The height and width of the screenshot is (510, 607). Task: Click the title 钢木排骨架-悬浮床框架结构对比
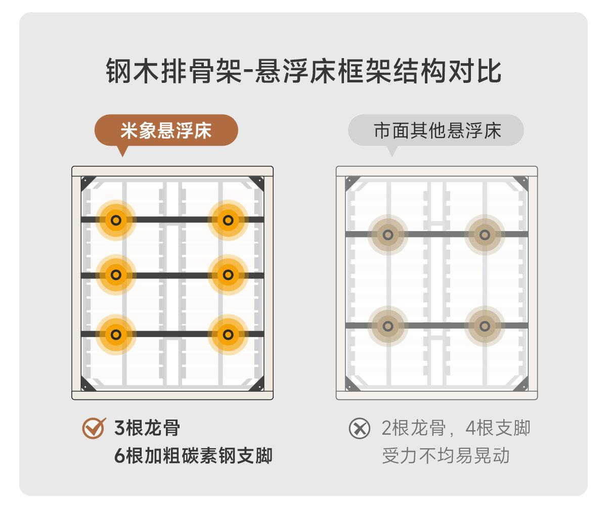coord(303,71)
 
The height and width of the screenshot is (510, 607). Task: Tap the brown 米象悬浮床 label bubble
coord(166,130)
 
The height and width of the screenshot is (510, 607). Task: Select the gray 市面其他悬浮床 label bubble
coord(436,130)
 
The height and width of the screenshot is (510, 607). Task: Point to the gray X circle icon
coord(359,428)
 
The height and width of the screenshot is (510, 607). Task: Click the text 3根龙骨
coord(147,428)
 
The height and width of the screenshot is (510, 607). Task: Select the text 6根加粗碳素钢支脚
coord(193,456)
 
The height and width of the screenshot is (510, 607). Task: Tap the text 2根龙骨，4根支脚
coord(456,428)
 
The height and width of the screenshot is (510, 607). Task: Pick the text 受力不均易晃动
coord(446,456)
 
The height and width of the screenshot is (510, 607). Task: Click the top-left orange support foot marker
coord(116,220)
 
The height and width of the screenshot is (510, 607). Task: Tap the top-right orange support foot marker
coord(228,220)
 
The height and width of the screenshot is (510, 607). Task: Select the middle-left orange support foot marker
coord(116,275)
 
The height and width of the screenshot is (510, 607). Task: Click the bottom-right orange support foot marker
coord(228,335)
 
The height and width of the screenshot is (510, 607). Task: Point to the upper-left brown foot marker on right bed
coord(388,235)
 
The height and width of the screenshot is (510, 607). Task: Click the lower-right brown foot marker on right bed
coord(485,326)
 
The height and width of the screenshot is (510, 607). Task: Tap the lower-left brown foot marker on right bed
coord(388,326)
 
